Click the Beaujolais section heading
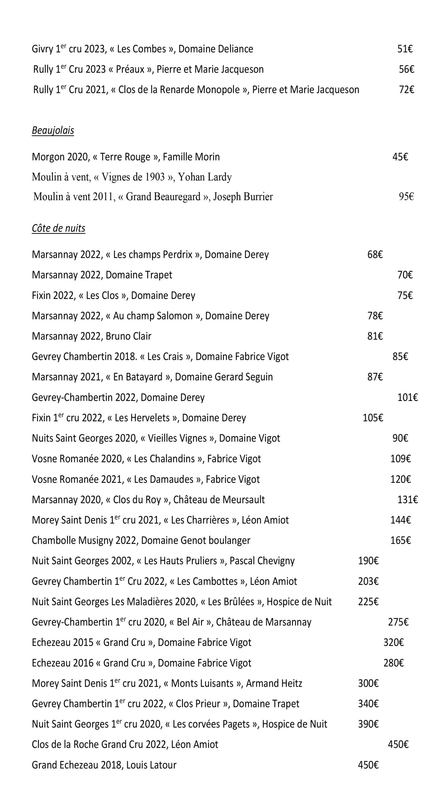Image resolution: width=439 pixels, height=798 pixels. tap(53, 130)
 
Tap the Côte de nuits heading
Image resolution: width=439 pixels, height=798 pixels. tap(58, 228)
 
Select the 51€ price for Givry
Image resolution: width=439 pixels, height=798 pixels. tap(405, 49)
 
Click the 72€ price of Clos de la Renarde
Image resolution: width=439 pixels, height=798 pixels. tap(406, 90)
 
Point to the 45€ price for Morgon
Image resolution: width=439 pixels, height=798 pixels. tap(400, 157)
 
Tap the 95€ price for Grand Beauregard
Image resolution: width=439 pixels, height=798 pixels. tap(406, 197)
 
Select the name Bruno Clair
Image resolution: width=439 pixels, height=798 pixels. tap(128, 336)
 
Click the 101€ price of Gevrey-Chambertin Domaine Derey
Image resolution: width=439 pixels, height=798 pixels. tap(407, 397)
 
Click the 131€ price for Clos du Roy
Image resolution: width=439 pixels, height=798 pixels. tap(407, 500)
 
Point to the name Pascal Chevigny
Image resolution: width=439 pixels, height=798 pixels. tap(262, 561)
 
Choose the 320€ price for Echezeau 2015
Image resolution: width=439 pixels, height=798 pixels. tap(394, 642)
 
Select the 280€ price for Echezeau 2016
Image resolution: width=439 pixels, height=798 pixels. tap(394, 663)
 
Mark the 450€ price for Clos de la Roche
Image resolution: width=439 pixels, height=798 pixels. tap(398, 745)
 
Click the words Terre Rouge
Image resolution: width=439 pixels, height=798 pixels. tap(126, 157)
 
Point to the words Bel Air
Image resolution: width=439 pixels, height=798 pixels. tap(190, 622)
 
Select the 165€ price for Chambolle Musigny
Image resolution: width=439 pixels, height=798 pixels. tap(400, 541)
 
